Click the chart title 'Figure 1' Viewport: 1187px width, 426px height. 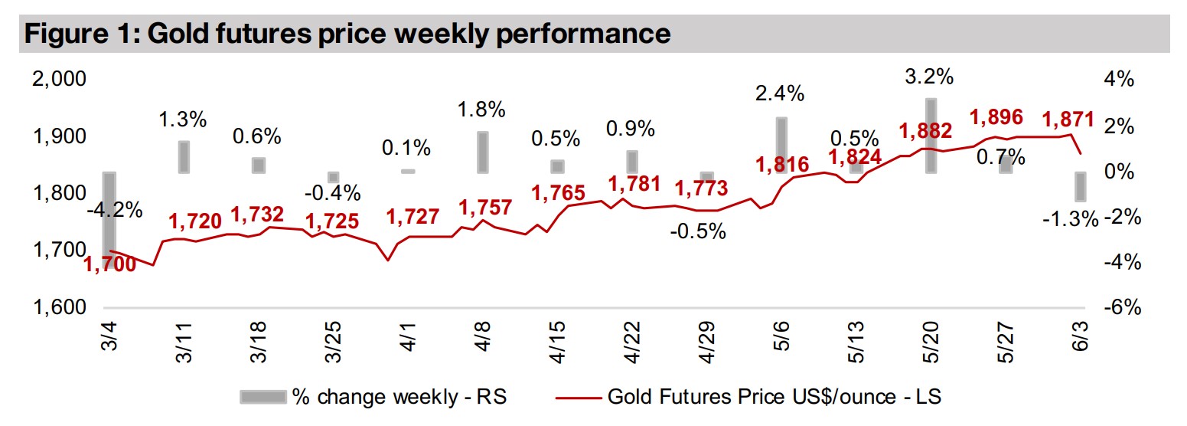click(x=344, y=34)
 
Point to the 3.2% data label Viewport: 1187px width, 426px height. click(x=929, y=77)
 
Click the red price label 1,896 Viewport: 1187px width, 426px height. click(x=996, y=118)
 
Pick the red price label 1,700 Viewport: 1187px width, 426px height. click(x=109, y=265)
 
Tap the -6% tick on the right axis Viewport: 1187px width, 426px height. click(x=1120, y=308)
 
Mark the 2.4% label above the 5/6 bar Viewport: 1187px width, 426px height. click(x=780, y=94)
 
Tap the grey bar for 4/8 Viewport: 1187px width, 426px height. click(x=482, y=152)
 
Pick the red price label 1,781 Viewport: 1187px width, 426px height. click(x=633, y=185)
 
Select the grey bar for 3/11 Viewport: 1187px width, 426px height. click(x=184, y=157)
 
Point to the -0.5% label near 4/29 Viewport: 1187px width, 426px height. click(x=697, y=231)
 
